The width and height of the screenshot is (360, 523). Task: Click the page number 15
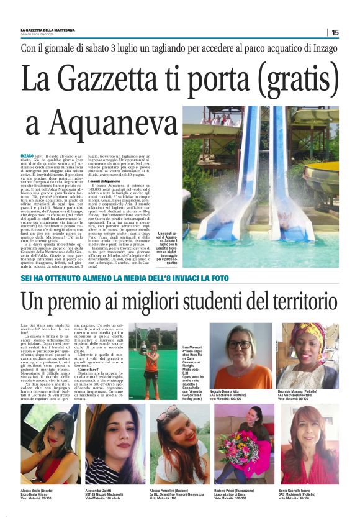click(335, 32)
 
